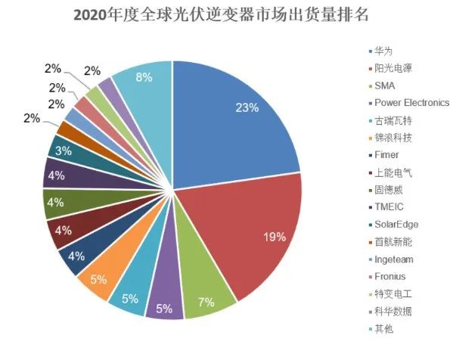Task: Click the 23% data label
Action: point(247,107)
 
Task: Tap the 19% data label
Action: point(274,237)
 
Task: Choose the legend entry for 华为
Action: point(382,51)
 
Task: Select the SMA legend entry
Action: point(384,85)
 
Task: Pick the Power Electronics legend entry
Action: point(408,103)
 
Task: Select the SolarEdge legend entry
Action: point(396,225)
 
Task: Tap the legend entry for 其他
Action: point(382,329)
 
